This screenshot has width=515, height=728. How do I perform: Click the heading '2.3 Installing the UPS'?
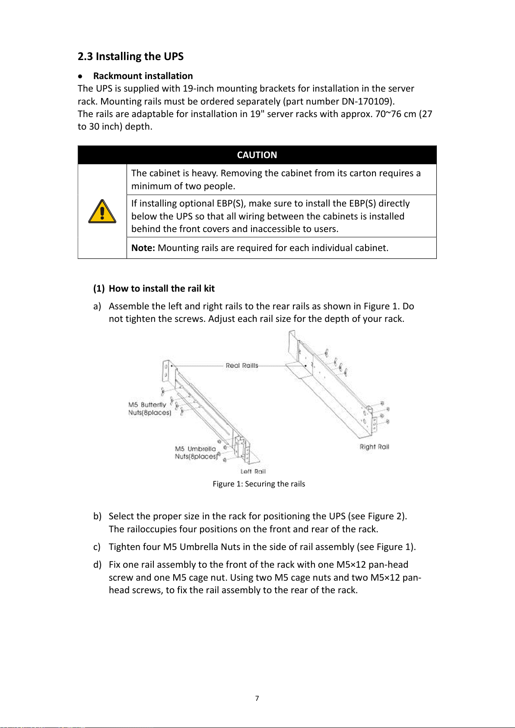[130, 57]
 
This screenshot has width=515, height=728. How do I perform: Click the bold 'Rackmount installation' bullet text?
[143, 76]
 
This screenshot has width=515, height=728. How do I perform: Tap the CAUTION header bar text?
[257, 155]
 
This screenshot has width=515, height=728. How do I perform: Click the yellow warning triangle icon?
[102, 212]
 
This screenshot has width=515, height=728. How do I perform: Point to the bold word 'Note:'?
[143, 248]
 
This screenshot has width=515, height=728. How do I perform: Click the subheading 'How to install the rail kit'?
[162, 289]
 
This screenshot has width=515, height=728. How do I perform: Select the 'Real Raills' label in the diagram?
[242, 366]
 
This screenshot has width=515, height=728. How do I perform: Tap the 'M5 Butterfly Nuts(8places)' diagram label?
[149, 409]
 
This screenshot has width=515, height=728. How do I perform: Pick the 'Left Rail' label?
[253, 471]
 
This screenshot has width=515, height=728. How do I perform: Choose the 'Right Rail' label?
[374, 447]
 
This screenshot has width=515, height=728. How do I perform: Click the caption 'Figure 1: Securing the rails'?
[259, 484]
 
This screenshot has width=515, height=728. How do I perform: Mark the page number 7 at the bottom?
[257, 698]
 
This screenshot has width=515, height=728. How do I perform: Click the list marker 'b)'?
[97, 516]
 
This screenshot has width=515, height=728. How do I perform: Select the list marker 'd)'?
[97, 565]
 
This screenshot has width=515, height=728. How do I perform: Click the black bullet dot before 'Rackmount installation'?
[80, 76]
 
